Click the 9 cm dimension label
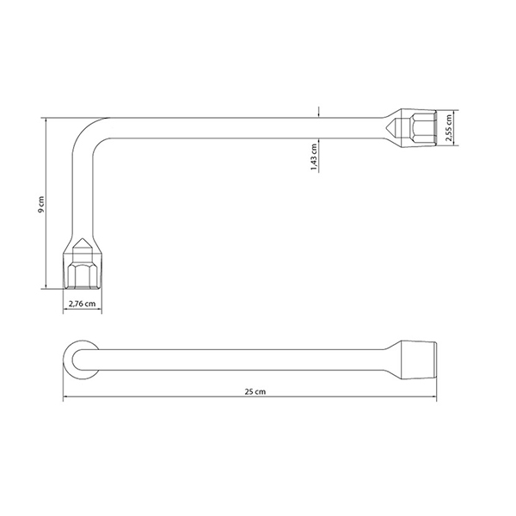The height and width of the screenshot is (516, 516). pos(40,205)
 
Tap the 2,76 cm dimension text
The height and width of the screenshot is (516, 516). pos(83,304)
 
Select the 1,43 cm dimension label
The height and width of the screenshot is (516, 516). pos(314,157)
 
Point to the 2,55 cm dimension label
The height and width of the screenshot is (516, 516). pos(449,127)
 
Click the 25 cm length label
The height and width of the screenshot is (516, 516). pos(255,391)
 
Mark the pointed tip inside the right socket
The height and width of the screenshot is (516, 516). pos(386,126)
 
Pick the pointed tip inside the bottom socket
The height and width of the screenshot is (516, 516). pos(83,238)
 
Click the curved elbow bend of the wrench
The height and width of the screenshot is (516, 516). pos(85,131)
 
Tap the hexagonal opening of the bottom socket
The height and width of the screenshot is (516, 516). pos(83,276)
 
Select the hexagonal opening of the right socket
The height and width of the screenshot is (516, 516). pos(423,127)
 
